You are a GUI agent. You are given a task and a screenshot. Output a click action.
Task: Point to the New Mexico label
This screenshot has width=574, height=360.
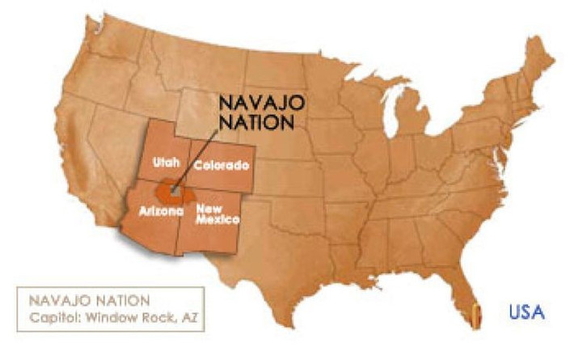[215, 214]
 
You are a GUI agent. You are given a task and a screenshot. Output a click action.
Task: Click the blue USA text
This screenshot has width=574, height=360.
[527, 311]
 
